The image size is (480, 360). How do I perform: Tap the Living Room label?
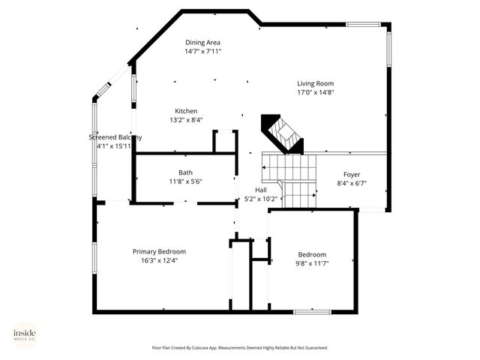pyautogui.click(x=315, y=83)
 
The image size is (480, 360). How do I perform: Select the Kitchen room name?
pyautogui.click(x=186, y=111)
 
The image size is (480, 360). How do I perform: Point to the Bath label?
pyautogui.click(x=185, y=172)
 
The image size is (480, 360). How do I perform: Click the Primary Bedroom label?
pyautogui.click(x=159, y=251)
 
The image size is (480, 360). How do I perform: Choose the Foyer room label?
pyautogui.click(x=352, y=174)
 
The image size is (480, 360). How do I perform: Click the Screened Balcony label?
pyautogui.click(x=115, y=137)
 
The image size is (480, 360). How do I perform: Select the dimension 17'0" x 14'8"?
pyautogui.click(x=315, y=92)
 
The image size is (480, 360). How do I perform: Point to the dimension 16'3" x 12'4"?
pyautogui.click(x=159, y=260)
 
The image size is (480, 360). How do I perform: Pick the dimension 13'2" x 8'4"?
pyautogui.click(x=186, y=120)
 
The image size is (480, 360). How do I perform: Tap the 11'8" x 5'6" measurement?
pyautogui.click(x=185, y=181)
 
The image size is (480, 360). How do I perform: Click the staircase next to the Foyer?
pyautogui.click(x=290, y=178)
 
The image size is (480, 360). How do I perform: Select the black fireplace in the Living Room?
pyautogui.click(x=281, y=133)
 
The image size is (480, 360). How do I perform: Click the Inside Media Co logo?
pyautogui.click(x=25, y=335)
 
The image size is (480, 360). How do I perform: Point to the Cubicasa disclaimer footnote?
pyautogui.click(x=240, y=348)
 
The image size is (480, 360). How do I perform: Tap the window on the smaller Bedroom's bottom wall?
pyautogui.click(x=312, y=311)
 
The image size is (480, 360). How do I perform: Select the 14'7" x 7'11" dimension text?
pyautogui.click(x=202, y=51)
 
